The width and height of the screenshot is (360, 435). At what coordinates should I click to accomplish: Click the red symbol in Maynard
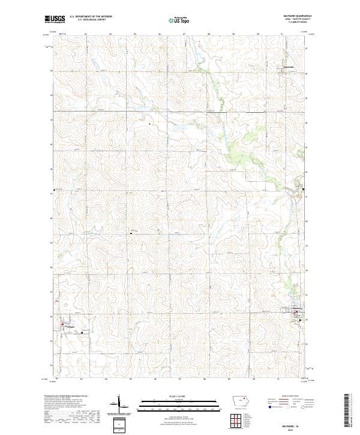tap(295, 312)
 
